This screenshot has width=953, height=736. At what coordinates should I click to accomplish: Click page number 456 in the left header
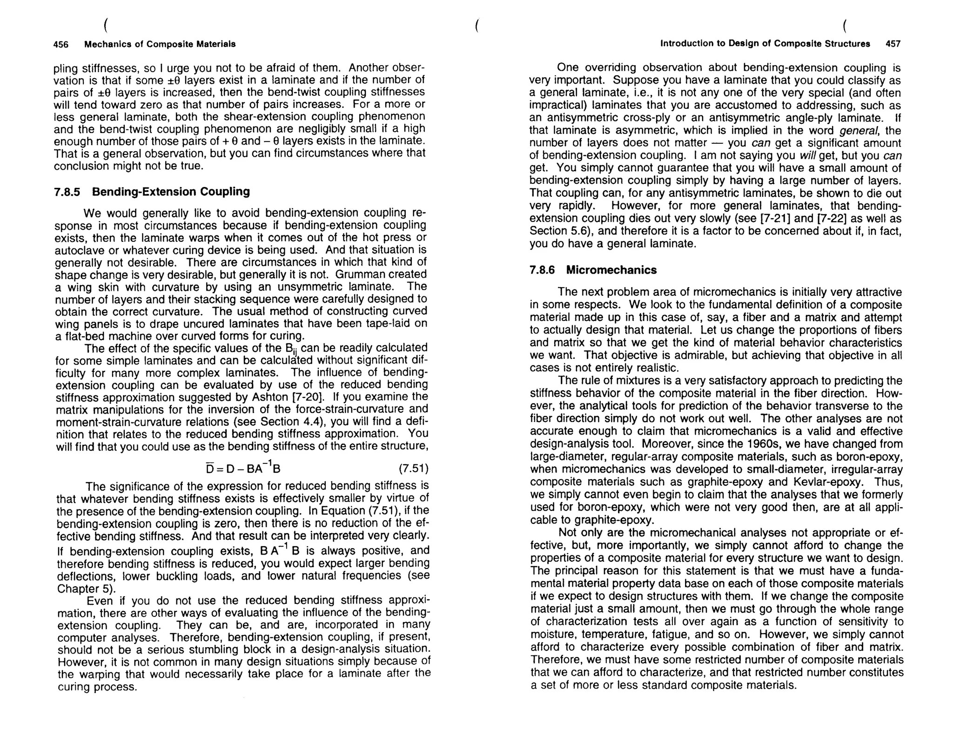(61, 44)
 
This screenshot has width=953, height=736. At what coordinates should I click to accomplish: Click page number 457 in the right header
(893, 44)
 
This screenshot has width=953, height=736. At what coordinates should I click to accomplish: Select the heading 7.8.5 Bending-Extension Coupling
(152, 192)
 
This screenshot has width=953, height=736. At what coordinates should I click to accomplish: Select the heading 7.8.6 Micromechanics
(593, 270)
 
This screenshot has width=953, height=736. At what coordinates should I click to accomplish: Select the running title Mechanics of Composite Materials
(160, 44)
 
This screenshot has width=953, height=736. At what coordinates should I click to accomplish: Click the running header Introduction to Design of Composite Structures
(765, 44)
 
